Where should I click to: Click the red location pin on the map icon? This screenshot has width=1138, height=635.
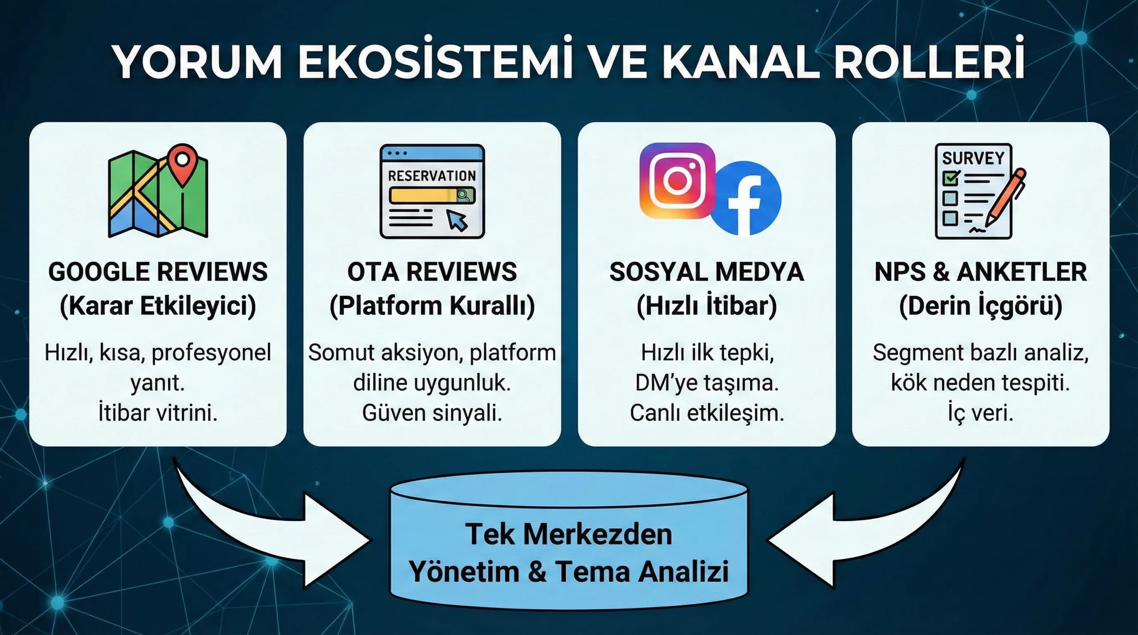pyautogui.click(x=182, y=163)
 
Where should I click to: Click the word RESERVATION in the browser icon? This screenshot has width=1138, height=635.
pyautogui.click(x=432, y=176)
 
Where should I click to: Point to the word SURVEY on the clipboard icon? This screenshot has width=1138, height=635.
pyautogui.click(x=973, y=158)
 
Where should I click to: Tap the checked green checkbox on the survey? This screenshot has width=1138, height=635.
pyautogui.click(x=950, y=178)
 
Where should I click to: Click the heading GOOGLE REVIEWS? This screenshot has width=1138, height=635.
pyautogui.click(x=158, y=272)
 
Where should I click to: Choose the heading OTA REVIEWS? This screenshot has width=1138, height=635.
pyautogui.click(x=432, y=272)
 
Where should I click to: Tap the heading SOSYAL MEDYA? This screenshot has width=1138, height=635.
pyautogui.click(x=706, y=272)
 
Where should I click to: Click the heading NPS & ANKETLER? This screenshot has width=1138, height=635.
pyautogui.click(x=980, y=272)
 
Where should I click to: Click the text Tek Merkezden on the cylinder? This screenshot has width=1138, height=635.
pyautogui.click(x=569, y=534)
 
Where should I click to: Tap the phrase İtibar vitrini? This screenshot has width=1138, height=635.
pyautogui.click(x=158, y=413)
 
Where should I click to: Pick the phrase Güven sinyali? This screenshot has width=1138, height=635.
pyautogui.click(x=432, y=413)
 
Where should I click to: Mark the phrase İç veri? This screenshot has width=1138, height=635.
pyautogui.click(x=980, y=413)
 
